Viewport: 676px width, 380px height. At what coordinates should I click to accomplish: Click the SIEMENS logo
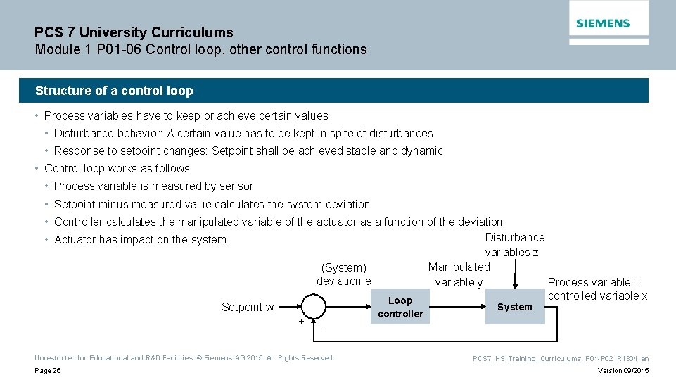(x=603, y=23)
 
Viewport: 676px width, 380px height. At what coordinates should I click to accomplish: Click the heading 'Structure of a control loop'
(x=114, y=91)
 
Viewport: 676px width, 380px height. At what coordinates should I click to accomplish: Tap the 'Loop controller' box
(x=400, y=307)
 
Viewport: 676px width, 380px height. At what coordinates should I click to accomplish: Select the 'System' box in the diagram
(x=515, y=307)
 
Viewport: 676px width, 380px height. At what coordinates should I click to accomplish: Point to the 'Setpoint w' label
(x=248, y=307)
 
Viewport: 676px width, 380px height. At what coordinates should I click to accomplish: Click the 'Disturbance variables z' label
(x=514, y=245)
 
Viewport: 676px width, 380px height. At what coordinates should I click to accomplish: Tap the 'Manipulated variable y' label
(x=459, y=274)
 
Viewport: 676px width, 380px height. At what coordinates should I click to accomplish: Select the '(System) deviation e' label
(x=343, y=274)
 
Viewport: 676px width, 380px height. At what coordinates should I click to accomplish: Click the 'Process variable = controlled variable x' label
(x=597, y=289)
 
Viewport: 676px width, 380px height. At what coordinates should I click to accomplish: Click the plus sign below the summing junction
(x=301, y=322)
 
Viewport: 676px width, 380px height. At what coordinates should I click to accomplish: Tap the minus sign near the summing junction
(x=323, y=331)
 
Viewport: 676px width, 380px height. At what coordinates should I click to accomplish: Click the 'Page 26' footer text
(x=48, y=371)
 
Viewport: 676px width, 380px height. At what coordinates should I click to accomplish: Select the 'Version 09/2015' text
(x=623, y=371)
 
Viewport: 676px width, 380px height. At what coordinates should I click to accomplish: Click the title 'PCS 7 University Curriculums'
(x=134, y=32)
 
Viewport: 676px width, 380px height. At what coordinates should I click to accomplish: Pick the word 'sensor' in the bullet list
(x=236, y=186)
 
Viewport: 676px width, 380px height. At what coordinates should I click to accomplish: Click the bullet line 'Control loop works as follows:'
(x=117, y=169)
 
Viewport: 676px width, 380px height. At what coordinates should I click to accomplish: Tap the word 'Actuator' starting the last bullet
(x=75, y=240)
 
